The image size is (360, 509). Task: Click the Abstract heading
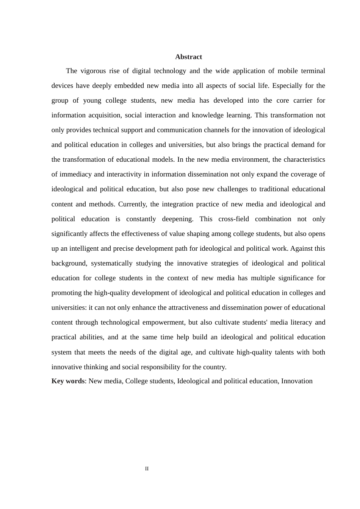pos(188,57)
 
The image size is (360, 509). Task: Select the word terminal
pos(313,71)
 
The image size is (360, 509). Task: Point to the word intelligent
pos(84,248)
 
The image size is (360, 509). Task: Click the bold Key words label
pos(68,381)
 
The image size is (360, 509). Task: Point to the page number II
pos(147,469)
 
